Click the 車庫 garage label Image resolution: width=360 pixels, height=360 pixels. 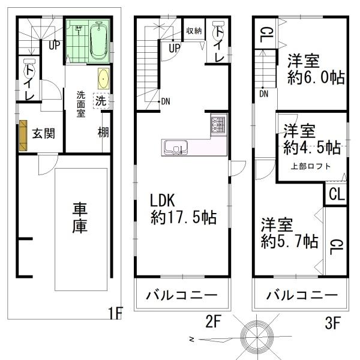tap(80, 218)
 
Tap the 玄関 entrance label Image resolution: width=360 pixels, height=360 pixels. tap(44, 133)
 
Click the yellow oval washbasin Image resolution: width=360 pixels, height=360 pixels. tap(103, 79)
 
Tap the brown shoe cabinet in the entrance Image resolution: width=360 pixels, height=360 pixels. tap(23, 135)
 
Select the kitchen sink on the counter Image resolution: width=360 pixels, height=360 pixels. tap(175, 146)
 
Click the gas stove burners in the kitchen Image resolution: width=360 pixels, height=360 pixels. tap(217, 124)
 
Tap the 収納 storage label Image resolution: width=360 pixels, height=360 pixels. tap(193, 31)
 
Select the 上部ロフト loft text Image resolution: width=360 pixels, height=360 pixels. tap(311, 166)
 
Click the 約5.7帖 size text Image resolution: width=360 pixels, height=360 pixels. tap(289, 242)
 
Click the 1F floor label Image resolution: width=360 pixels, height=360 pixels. tap(116, 313)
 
